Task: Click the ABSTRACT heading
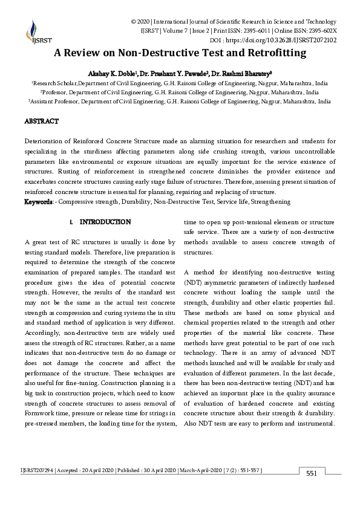[41, 122]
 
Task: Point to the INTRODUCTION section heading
[105, 222]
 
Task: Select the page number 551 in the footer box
[312, 473]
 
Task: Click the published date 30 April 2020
[156, 470]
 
